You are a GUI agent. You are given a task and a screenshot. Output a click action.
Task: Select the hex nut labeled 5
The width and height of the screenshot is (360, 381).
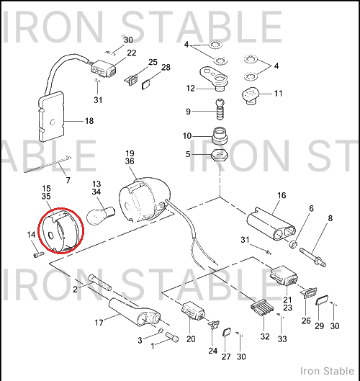click(x=219, y=155)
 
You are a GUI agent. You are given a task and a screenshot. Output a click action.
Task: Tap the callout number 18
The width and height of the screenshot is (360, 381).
click(x=89, y=121)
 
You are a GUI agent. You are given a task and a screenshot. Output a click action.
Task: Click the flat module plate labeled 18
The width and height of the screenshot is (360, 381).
click(x=51, y=117)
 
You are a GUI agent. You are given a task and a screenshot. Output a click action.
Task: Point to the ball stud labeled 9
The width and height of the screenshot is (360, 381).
click(x=220, y=109)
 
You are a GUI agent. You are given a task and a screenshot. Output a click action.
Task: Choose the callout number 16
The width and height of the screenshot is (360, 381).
click(x=282, y=195)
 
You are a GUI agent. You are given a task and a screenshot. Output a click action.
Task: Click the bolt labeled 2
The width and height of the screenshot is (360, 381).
click(x=100, y=282)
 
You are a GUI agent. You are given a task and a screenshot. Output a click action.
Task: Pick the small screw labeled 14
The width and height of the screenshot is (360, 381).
click(x=39, y=254)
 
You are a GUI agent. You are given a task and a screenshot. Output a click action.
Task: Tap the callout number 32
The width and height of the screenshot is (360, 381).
click(x=265, y=336)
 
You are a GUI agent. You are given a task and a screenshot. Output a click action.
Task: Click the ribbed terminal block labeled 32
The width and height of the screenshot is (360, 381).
click(x=262, y=308)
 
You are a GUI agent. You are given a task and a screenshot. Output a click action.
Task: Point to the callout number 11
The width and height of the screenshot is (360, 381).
click(x=278, y=94)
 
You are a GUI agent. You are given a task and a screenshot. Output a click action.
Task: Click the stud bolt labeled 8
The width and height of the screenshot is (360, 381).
click(x=313, y=257)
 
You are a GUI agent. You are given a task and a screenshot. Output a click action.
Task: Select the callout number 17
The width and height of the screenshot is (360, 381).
click(x=99, y=323)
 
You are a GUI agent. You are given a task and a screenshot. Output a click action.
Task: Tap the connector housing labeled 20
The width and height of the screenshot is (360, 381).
click(x=193, y=310)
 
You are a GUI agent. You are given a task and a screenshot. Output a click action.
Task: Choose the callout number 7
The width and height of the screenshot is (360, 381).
click(x=68, y=180)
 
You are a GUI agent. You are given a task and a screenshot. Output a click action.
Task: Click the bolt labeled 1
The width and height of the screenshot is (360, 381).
click(x=172, y=337)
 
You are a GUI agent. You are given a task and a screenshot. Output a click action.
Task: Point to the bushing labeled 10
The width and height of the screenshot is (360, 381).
click(x=220, y=136)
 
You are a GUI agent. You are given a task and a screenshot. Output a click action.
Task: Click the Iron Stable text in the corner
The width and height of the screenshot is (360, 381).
click(x=327, y=371)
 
